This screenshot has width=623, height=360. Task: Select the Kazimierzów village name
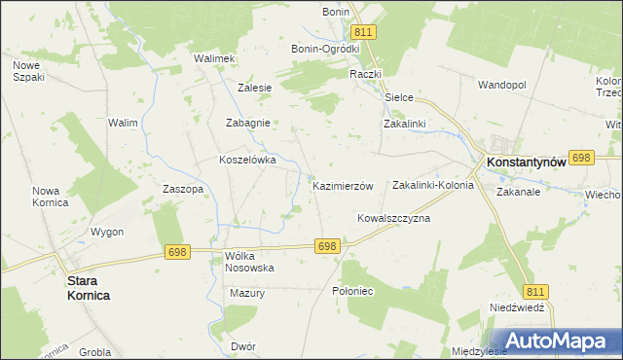click(x=343, y=185)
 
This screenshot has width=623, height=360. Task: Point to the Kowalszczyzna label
click(x=393, y=218)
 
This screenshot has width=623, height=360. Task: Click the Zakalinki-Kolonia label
click(x=432, y=184)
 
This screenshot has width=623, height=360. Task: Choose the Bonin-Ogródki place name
click(x=326, y=48)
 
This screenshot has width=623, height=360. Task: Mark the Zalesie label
click(x=254, y=87)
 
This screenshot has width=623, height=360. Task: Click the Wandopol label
click(x=501, y=85)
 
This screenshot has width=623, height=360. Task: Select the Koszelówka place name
click(x=248, y=160)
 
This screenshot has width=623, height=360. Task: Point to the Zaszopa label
click(x=183, y=189)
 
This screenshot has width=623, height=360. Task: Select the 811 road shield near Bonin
click(x=366, y=32)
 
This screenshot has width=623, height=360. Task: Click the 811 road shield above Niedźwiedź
click(x=535, y=291)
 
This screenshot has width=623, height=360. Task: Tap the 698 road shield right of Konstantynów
click(x=582, y=157)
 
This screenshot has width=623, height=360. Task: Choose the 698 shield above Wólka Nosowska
click(x=177, y=252)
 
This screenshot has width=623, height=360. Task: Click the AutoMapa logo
click(x=561, y=340)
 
